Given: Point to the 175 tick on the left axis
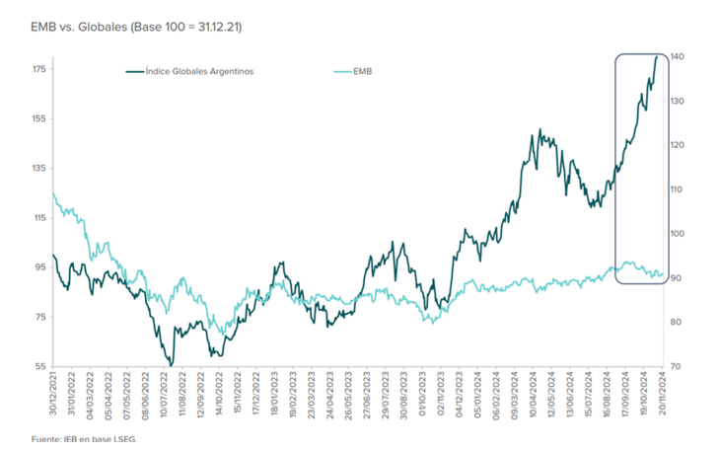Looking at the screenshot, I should point(39,69).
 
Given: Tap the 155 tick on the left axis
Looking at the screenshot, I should point(39,118).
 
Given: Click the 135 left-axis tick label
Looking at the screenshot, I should point(39,168).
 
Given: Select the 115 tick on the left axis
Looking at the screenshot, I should point(39,218).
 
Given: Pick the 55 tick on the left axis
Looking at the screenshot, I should point(39,366).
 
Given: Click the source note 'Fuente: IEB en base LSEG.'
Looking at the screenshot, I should point(83,439).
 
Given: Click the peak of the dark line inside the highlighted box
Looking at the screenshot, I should point(657,57).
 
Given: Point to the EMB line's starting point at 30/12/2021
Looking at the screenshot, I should point(51,192).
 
